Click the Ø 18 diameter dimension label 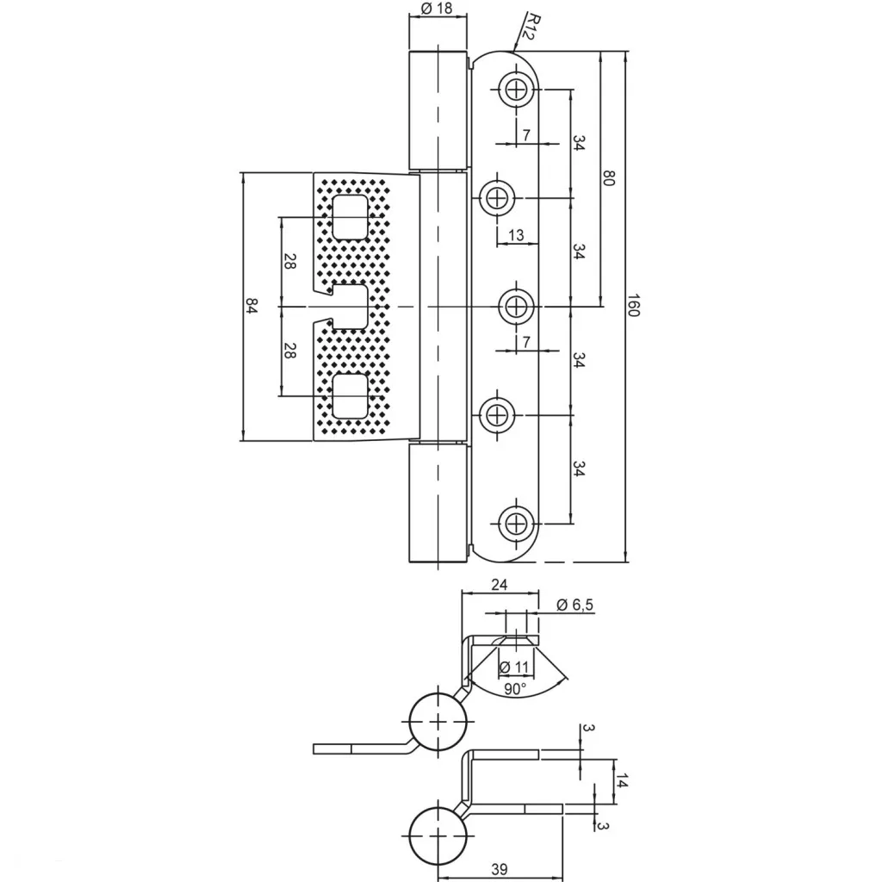[x=437, y=8]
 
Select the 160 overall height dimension [x=633, y=305]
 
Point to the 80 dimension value [x=609, y=178]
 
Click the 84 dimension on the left [x=252, y=306]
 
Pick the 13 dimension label [x=515, y=234]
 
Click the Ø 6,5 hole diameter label [x=575, y=605]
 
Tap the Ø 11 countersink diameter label [x=514, y=668]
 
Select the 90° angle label [x=515, y=688]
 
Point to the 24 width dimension [x=499, y=585]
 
